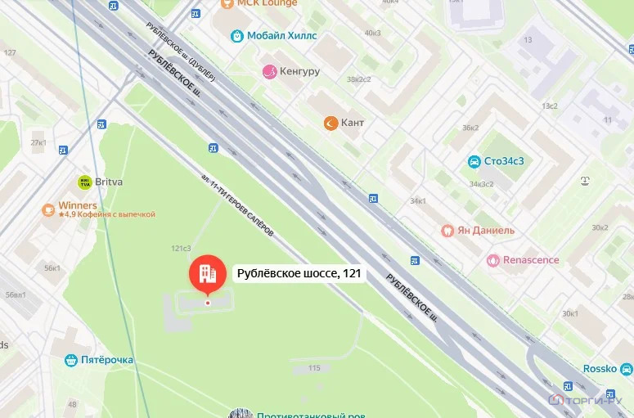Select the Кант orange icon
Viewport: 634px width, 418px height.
330,123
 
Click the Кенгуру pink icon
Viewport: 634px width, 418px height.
268,72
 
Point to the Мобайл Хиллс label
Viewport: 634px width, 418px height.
283,36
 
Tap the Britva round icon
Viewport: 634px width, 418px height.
83,182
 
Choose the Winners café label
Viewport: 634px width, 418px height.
78,205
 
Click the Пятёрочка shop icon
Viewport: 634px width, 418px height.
71,360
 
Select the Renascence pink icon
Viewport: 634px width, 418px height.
492,260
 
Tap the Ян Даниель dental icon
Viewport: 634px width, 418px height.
447,231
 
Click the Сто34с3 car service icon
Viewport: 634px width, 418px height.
474,161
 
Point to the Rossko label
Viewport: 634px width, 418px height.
600,369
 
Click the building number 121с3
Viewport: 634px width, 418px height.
181,248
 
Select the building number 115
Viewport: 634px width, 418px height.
314,368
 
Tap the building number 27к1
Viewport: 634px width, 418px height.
38,142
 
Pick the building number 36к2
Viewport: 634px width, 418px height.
470,127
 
